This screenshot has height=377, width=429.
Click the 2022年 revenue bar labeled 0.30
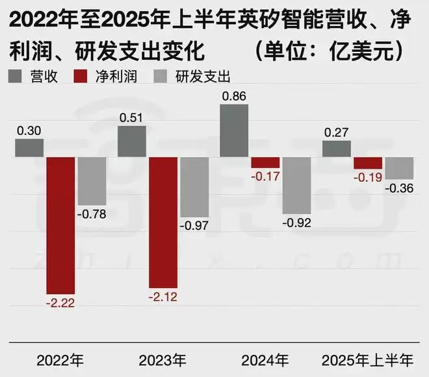click(29, 148)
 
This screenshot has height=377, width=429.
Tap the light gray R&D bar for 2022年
click(92, 181)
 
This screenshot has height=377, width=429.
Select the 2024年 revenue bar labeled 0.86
click(234, 130)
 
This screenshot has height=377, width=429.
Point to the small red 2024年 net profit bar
click(265, 163)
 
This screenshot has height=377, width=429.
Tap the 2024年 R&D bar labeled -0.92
click(296, 186)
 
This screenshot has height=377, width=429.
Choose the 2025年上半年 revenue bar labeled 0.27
click(336, 149)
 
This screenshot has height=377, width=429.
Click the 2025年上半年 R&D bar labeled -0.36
click(399, 168)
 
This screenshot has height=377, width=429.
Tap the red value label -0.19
click(368, 176)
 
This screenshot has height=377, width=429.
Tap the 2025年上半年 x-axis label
click(368, 358)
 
